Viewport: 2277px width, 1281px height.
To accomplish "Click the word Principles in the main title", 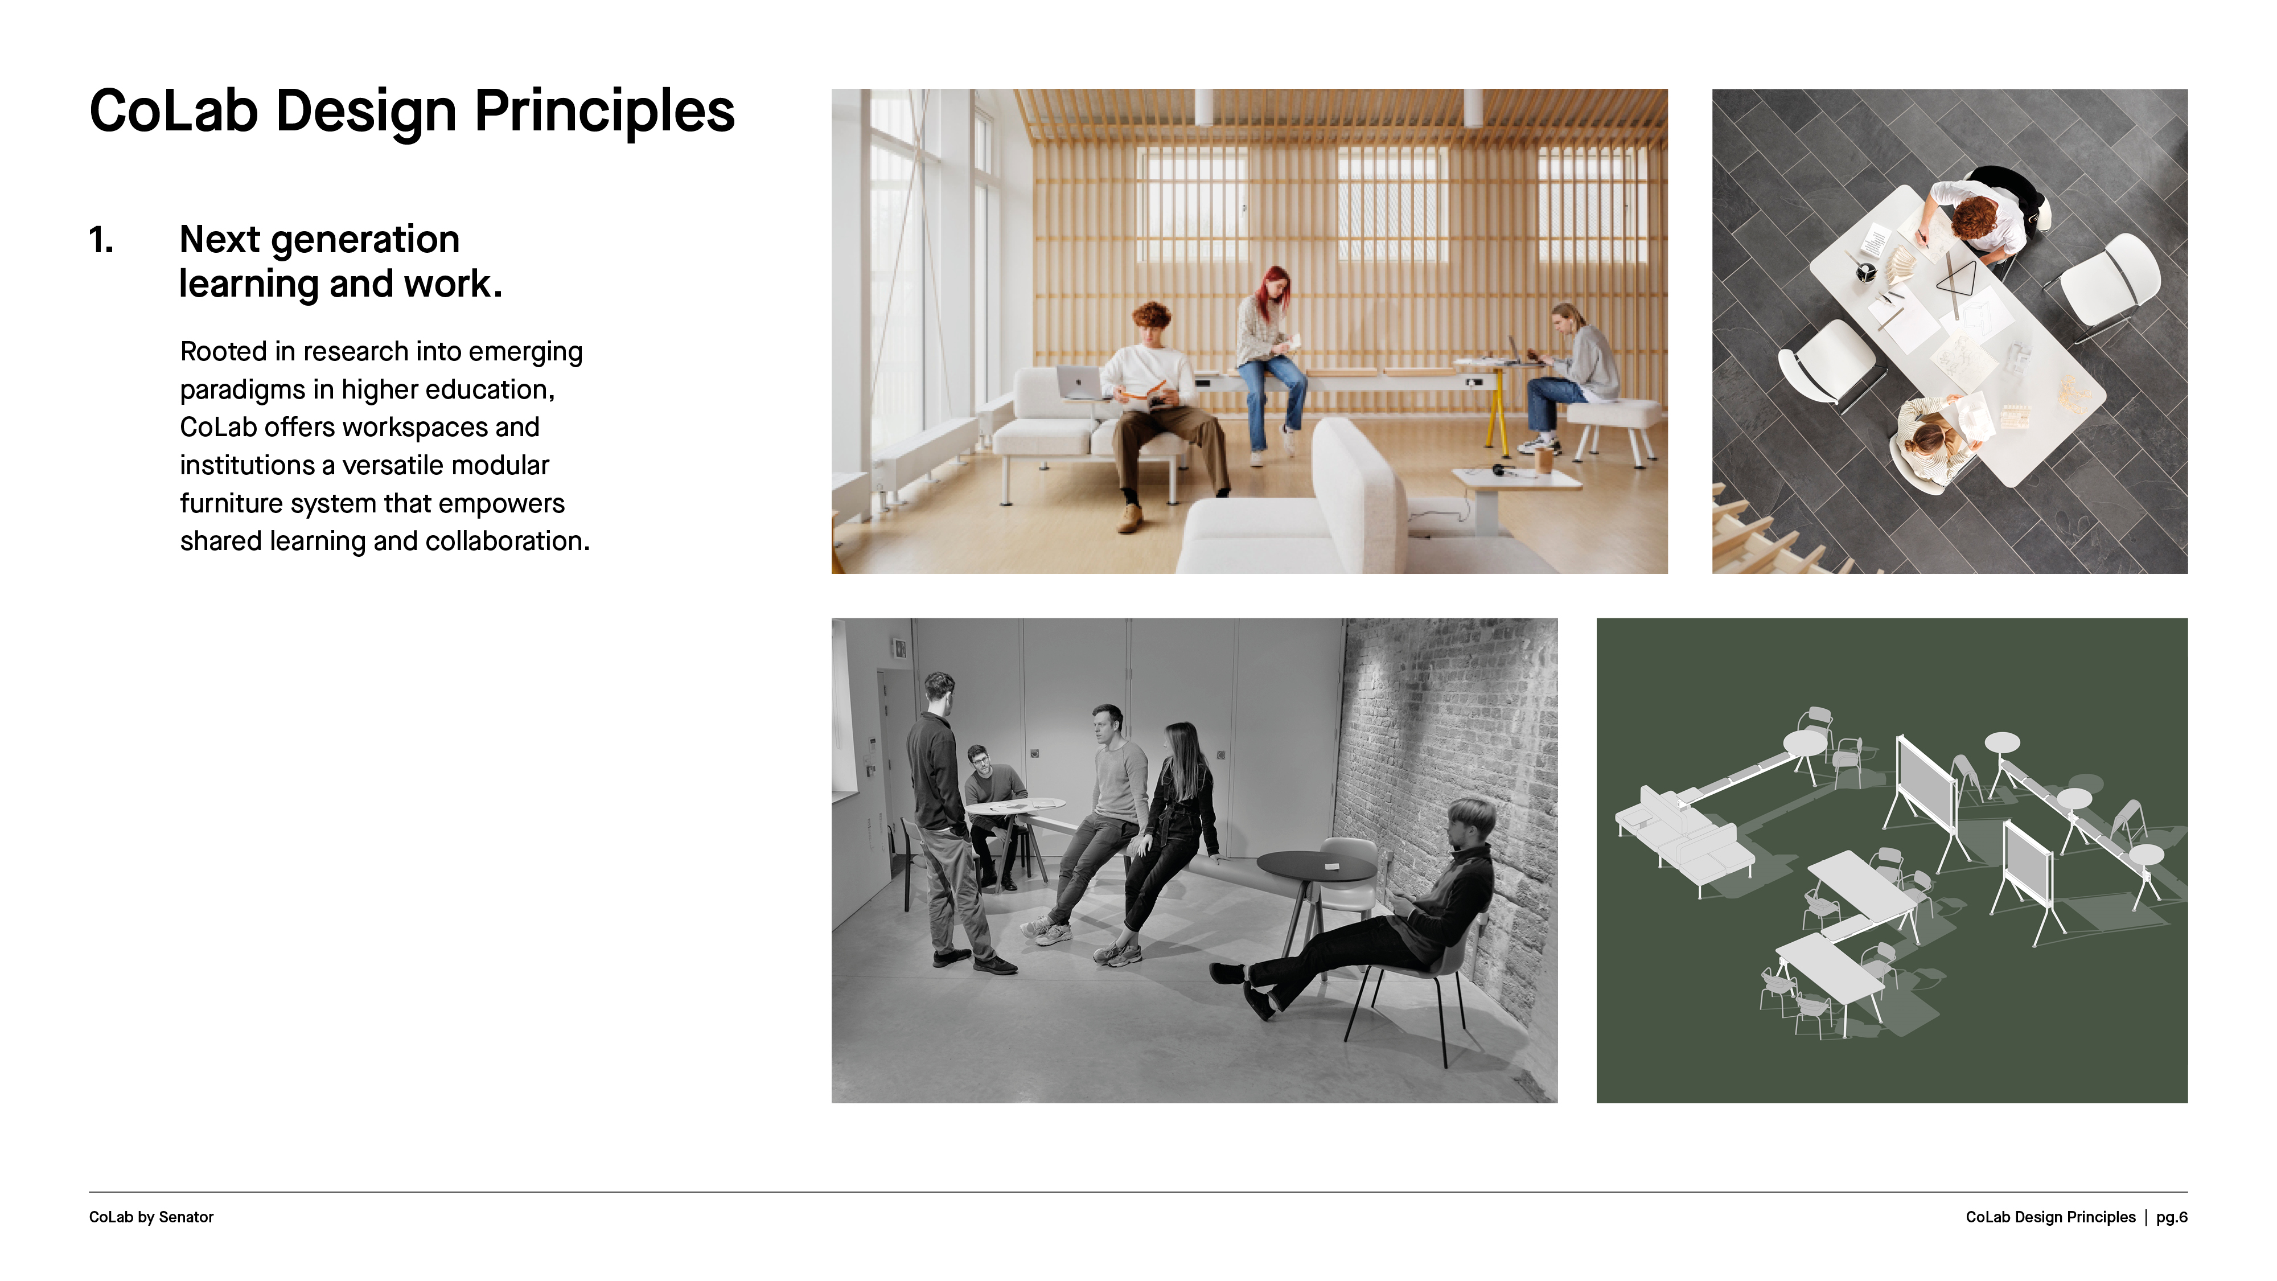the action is [605, 112].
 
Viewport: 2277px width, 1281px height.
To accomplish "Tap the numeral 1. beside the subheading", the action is [102, 240].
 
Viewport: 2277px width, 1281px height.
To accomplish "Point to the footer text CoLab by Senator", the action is [151, 1217].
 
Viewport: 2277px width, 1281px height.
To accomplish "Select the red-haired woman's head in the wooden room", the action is [1274, 285].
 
